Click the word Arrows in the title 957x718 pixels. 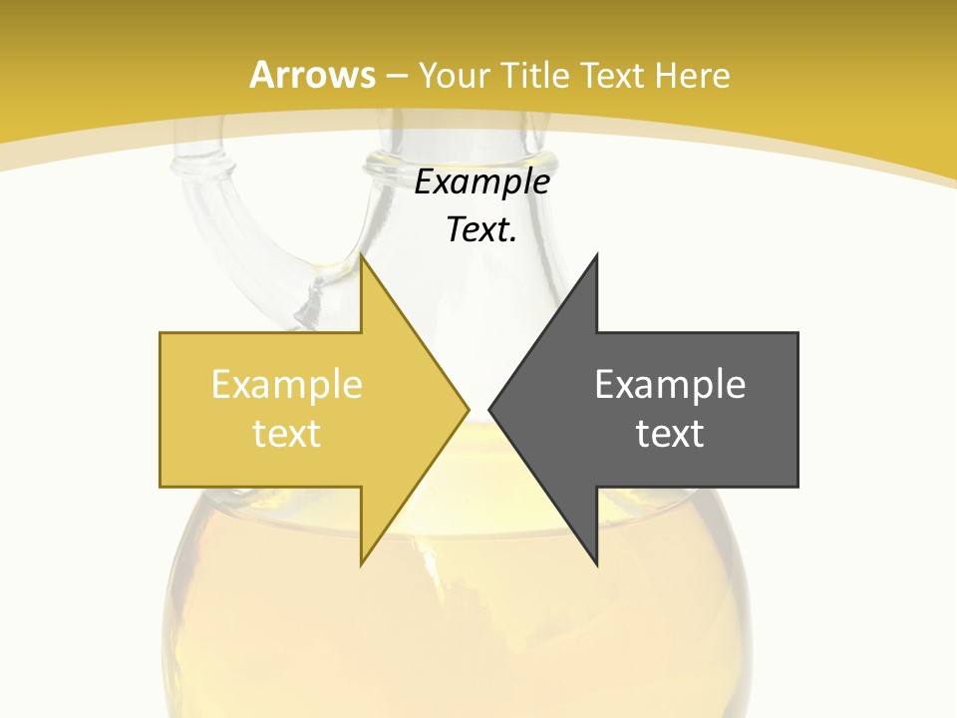tap(313, 75)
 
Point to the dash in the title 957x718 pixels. tap(398, 77)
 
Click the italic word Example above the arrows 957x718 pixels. tap(482, 182)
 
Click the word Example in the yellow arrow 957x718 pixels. tap(287, 385)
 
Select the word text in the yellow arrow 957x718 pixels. tap(287, 434)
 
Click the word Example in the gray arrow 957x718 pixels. tap(670, 385)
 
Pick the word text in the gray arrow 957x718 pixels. tap(670, 434)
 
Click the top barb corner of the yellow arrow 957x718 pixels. tap(362, 257)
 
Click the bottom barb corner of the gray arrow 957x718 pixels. tap(596, 563)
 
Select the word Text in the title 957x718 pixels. tap(613, 76)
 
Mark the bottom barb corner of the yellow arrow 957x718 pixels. tap(362, 563)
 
